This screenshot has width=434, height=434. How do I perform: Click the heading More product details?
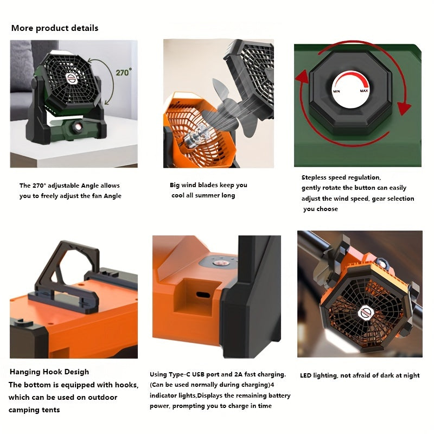click(55, 28)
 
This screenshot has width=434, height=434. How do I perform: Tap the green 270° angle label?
click(124, 72)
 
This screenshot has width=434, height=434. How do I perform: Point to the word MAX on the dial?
click(363, 91)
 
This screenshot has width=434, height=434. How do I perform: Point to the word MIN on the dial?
click(336, 91)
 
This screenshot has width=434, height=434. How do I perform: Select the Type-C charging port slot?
click(203, 294)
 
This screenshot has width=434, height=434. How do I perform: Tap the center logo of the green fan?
click(72, 78)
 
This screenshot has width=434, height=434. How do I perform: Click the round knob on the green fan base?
click(77, 127)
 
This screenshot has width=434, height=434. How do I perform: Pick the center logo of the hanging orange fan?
click(366, 312)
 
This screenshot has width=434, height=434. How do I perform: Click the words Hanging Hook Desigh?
click(49, 372)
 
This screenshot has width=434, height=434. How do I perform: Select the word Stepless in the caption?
click(314, 177)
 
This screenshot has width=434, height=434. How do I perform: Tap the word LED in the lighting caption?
click(305, 375)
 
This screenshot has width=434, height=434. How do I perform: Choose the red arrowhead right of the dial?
click(404, 108)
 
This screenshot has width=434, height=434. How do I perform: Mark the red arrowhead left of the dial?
click(302, 76)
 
